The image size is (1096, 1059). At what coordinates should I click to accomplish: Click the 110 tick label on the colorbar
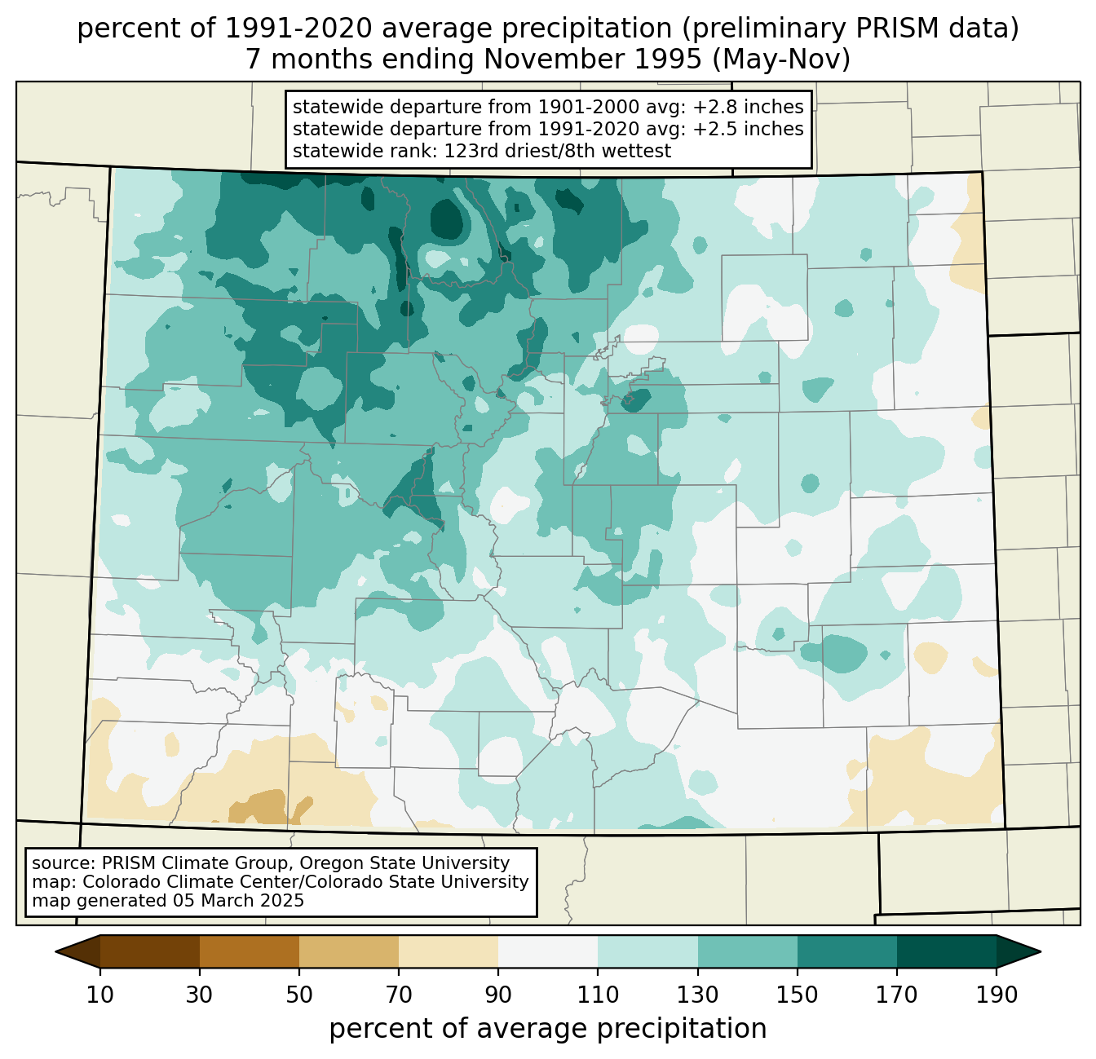pyautogui.click(x=598, y=995)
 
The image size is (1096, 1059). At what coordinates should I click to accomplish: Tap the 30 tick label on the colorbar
pyautogui.click(x=200, y=995)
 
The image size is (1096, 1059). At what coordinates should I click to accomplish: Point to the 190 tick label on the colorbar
pyautogui.click(x=997, y=995)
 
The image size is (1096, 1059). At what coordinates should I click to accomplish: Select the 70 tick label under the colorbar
pyautogui.click(x=399, y=995)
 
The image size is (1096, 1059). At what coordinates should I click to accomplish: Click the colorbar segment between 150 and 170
pyautogui.click(x=847, y=951)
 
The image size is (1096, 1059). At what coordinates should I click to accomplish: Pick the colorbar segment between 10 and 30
pyautogui.click(x=150, y=951)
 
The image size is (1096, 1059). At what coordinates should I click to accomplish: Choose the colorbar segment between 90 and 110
pyautogui.click(x=548, y=951)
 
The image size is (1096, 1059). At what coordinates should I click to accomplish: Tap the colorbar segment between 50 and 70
pyautogui.click(x=349, y=951)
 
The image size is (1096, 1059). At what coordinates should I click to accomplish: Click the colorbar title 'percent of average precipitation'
pyautogui.click(x=548, y=1029)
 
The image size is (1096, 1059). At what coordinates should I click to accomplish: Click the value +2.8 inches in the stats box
pyautogui.click(x=749, y=107)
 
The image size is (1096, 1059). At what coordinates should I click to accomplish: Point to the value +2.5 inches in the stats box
pyautogui.click(x=749, y=129)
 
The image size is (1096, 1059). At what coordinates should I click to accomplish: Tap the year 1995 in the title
pyautogui.click(x=664, y=59)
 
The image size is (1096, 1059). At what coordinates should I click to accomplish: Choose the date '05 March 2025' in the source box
pyautogui.click(x=238, y=901)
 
